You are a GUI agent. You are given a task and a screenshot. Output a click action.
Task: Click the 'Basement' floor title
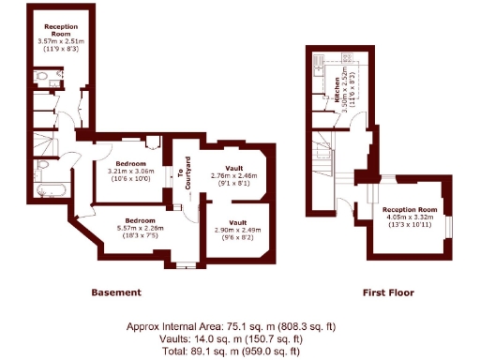tap(116, 292)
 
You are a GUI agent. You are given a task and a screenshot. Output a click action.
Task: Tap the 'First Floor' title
tap(388, 292)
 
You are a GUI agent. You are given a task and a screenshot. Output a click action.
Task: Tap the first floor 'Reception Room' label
tap(409, 209)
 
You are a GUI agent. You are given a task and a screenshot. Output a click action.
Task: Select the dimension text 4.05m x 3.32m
tap(409, 217)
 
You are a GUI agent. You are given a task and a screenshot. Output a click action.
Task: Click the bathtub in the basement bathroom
tap(47, 191)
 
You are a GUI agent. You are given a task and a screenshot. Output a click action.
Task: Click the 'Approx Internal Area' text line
tap(231, 326)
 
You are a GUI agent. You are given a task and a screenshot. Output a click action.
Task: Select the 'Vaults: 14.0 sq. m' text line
tap(231, 338)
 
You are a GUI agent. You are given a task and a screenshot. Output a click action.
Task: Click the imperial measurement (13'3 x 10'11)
tap(409, 225)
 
